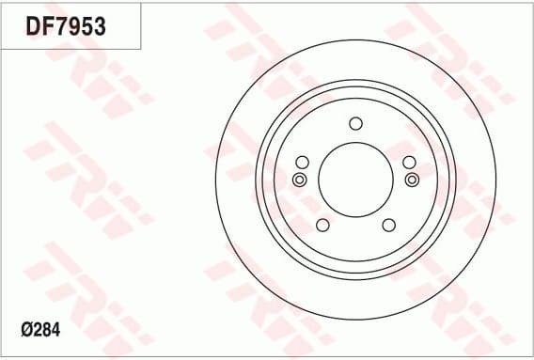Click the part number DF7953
[65, 26]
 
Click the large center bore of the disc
[354, 179]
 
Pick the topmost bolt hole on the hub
[355, 123]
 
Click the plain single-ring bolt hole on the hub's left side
[302, 162]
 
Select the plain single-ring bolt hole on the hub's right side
[409, 162]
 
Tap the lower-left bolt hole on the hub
[322, 225]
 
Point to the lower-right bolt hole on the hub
[388, 225]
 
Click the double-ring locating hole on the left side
[299, 180]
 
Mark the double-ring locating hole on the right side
[411, 180]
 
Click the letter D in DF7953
[31, 26]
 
